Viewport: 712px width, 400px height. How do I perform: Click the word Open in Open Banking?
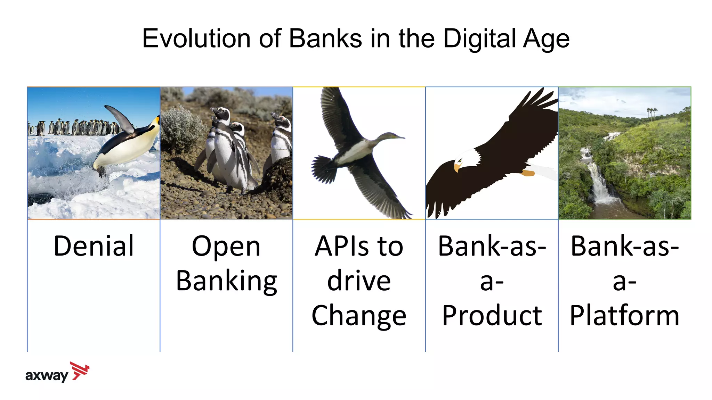(226, 247)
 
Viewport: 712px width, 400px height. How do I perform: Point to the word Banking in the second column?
(226, 281)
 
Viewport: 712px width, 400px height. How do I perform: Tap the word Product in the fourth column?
(492, 315)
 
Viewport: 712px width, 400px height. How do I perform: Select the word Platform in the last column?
(624, 315)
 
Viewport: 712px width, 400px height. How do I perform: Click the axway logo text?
(47, 376)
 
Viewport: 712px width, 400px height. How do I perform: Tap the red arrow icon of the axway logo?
(80, 371)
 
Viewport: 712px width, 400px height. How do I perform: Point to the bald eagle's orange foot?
(528, 173)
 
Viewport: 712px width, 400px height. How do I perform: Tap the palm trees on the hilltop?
(652, 112)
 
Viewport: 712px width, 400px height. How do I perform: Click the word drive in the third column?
(359, 281)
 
